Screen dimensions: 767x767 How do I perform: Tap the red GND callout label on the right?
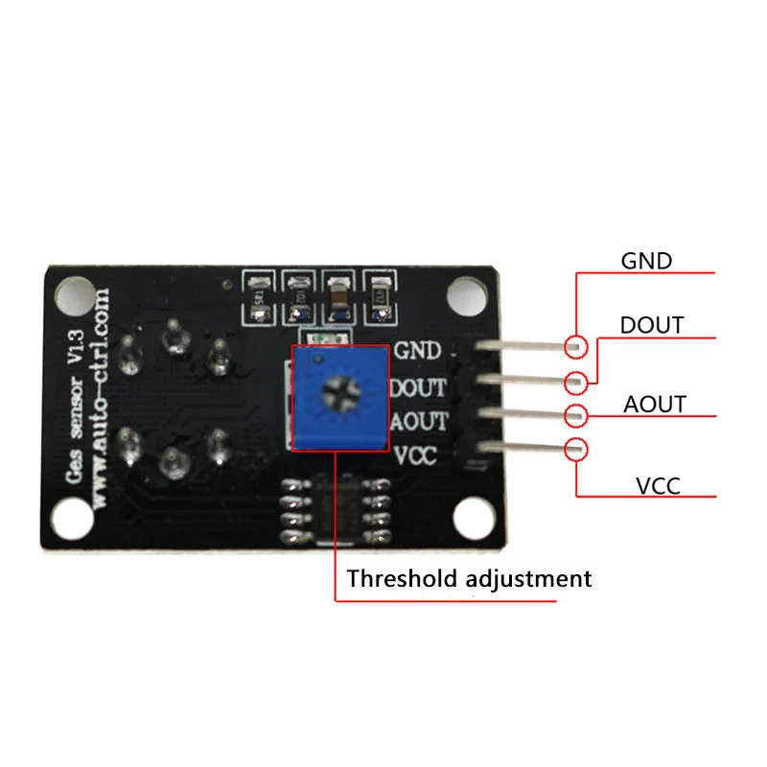click(x=647, y=260)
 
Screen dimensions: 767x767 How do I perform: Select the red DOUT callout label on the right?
click(x=652, y=325)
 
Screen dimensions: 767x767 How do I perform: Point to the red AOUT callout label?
click(x=655, y=404)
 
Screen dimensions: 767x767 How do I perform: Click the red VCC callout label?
click(x=658, y=486)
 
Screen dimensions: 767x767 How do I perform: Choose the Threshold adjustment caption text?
click(x=469, y=579)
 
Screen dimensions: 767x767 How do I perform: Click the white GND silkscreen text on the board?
click(x=418, y=351)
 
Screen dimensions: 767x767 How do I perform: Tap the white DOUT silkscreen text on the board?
click(x=418, y=387)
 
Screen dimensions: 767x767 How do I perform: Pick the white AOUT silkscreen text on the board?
click(x=418, y=422)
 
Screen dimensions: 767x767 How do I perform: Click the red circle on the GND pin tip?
click(x=575, y=346)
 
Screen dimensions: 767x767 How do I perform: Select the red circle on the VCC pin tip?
click(x=575, y=448)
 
